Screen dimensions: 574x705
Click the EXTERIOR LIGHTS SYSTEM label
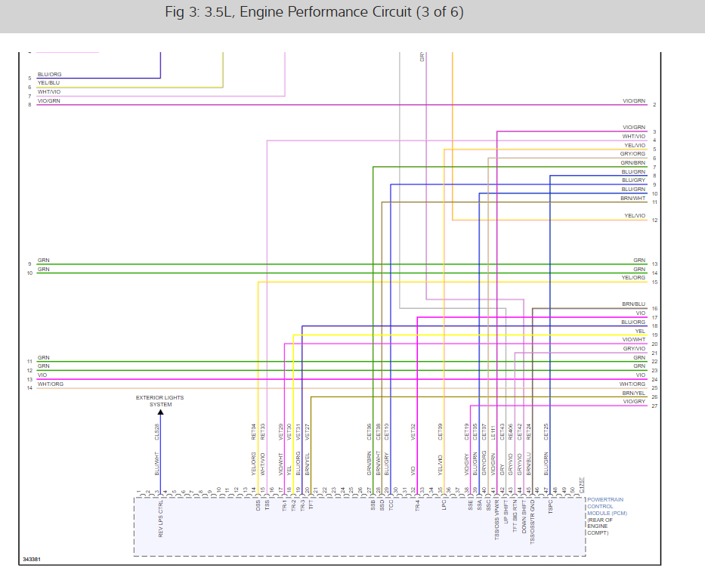click(159, 400)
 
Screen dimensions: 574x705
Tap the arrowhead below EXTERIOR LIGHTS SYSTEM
click(160, 412)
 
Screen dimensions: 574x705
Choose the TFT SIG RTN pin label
click(515, 517)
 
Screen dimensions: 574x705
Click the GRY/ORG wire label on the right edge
click(633, 154)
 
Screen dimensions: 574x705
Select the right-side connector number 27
click(654, 406)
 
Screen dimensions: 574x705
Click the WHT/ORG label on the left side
click(51, 384)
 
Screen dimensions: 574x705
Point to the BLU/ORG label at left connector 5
click(49, 74)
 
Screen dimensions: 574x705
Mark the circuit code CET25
click(546, 431)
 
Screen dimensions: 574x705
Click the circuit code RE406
click(511, 431)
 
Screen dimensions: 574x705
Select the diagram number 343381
click(31, 560)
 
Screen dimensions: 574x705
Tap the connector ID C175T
click(581, 484)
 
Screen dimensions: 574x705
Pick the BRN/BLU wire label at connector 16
click(633, 304)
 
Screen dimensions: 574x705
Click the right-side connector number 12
click(654, 220)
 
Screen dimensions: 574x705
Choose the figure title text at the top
click(314, 13)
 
